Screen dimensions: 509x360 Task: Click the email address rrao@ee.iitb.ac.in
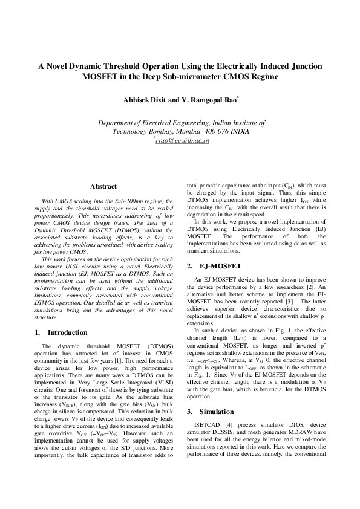(x=182, y=141)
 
